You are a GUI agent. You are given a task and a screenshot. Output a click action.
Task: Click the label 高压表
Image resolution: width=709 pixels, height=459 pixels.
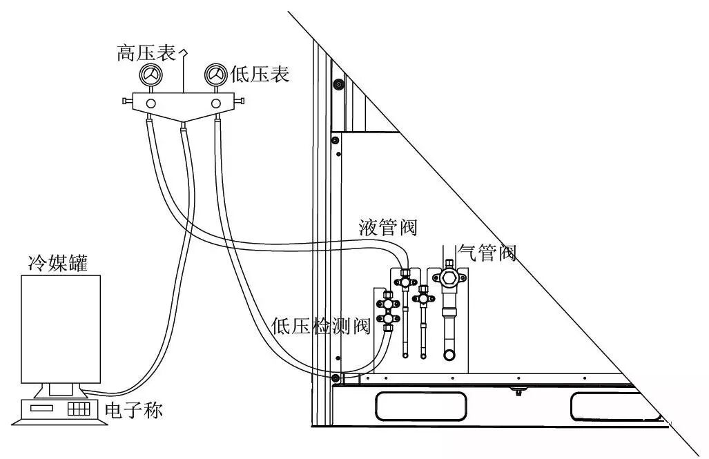146,53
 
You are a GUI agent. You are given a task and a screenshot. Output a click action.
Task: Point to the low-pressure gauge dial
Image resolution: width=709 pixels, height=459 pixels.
215,75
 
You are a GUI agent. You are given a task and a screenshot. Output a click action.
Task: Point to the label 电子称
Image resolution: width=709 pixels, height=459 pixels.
134,411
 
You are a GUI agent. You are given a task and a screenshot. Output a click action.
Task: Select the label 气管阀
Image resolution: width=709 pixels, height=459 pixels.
487,253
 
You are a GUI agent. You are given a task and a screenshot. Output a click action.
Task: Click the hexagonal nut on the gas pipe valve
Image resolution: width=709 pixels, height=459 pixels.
447,278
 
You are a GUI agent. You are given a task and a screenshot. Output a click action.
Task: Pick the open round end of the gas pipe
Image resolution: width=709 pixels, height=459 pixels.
449,355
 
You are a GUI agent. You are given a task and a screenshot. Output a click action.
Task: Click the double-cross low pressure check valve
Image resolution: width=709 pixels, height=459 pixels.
388,310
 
